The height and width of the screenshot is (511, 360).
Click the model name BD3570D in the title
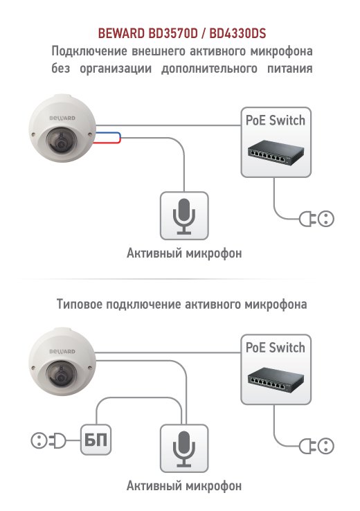[173, 33]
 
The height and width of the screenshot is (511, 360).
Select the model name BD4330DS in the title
[237, 33]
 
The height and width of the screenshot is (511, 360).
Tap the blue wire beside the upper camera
[109, 134]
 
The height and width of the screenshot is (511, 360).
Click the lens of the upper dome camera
[61, 142]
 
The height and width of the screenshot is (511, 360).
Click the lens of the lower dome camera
[61, 375]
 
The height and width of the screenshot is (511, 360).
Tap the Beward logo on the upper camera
[62, 118]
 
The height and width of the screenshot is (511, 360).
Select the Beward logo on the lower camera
[62, 351]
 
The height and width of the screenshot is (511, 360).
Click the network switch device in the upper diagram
[276, 153]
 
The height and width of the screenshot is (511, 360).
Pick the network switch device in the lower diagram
[276, 380]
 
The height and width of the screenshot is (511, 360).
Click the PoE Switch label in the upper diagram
[276, 120]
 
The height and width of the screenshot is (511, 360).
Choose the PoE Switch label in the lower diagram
[276, 348]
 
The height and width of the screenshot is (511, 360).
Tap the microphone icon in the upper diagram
[184, 216]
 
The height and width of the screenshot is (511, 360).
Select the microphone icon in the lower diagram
[184, 449]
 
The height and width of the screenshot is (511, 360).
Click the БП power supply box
[96, 440]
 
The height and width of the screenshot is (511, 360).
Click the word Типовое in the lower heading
[80, 304]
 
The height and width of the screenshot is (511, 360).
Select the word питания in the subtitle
[290, 69]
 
